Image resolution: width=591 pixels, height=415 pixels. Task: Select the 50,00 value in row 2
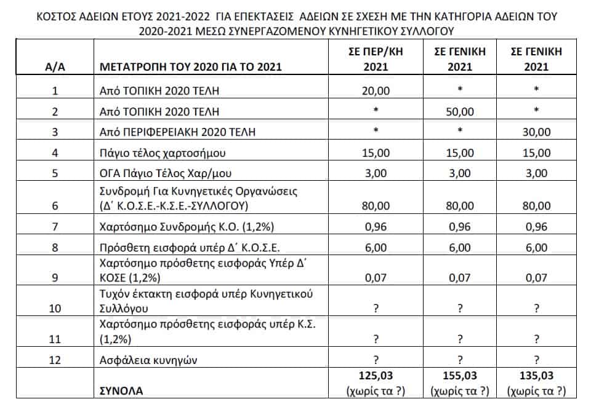click(458, 111)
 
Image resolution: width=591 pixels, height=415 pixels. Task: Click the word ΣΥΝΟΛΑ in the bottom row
click(121, 390)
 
